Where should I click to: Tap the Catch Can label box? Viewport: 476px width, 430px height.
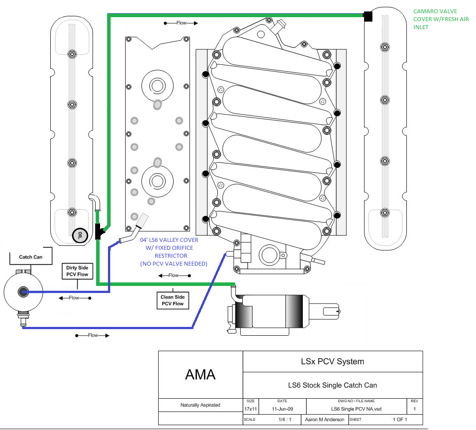pyautogui.click(x=31, y=257)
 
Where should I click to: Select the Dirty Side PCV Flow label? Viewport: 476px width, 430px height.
pyautogui.click(x=77, y=271)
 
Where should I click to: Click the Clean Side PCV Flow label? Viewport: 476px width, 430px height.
pyautogui.click(x=172, y=300)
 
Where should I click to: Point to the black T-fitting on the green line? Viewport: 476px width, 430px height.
pyautogui.click(x=99, y=231)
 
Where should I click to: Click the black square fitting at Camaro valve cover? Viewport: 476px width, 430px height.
pyautogui.click(x=368, y=17)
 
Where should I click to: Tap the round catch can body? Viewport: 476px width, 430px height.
pyautogui.click(x=22, y=292)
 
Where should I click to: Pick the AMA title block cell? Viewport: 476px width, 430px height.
pyautogui.click(x=200, y=374)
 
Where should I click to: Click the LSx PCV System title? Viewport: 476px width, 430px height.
pyautogui.click(x=332, y=362)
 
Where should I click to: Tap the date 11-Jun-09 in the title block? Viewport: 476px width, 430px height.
pyautogui.click(x=282, y=409)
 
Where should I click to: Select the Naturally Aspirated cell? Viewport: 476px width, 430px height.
pyautogui.click(x=200, y=405)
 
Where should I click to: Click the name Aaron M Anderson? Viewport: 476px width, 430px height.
pyautogui.click(x=324, y=419)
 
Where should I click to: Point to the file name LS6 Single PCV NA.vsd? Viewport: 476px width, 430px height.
pyautogui.click(x=356, y=409)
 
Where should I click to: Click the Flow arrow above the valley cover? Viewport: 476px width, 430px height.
pyautogui.click(x=181, y=22)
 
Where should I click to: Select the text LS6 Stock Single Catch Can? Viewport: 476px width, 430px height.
pyautogui.click(x=332, y=385)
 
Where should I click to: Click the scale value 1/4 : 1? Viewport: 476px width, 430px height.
pyautogui.click(x=282, y=419)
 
